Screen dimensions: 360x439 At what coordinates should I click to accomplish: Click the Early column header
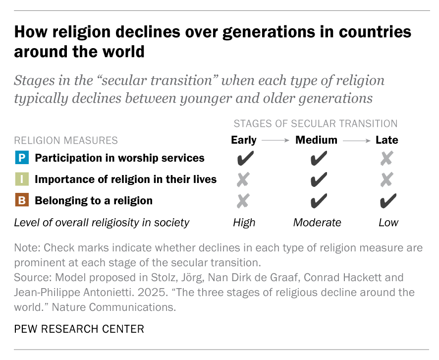coord(244,140)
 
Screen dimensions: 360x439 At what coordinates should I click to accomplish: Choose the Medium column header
coord(316,140)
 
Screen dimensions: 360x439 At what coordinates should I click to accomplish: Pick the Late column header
coord(387,140)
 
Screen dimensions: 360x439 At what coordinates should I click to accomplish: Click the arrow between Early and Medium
coord(275,141)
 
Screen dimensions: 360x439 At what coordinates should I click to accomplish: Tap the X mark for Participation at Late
coord(387,159)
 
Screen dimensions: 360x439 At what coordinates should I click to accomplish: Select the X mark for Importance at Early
coord(244,180)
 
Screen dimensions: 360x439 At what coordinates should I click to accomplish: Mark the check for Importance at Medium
coord(318,180)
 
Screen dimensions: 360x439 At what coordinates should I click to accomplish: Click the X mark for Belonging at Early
coord(244,201)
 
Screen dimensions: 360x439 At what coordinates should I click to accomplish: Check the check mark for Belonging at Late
coord(388,201)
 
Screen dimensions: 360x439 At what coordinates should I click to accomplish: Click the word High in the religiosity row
coord(244,223)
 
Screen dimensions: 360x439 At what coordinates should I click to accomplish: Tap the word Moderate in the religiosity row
coord(317,223)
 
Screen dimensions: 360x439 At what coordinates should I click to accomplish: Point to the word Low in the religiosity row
coord(388,223)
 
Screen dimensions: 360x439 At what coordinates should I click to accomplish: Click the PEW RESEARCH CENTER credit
coord(79,329)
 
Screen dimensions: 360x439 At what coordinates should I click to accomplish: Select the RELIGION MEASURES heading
coord(66,141)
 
